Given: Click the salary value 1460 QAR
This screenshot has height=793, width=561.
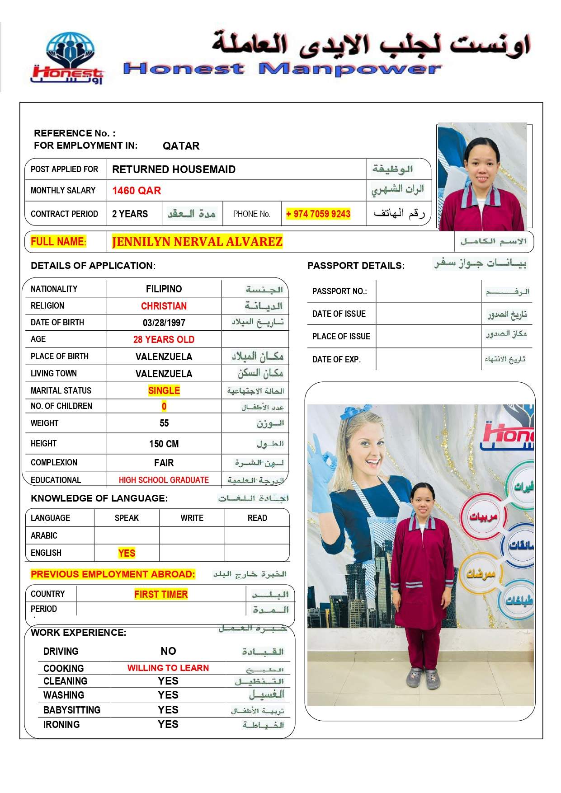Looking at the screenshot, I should tap(137, 191).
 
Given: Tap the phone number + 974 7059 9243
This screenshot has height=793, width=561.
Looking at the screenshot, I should tap(318, 214).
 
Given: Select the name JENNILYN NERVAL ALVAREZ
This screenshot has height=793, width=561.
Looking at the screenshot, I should tap(197, 242).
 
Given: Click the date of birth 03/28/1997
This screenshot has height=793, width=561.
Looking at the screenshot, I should tap(164, 323).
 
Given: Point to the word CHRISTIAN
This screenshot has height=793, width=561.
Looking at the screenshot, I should tap(164, 306).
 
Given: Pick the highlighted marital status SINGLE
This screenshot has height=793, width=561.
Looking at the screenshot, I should tap(164, 390).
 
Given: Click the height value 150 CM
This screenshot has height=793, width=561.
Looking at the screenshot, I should tap(164, 444).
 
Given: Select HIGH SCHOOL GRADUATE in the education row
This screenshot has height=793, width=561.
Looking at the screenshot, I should tap(164, 480).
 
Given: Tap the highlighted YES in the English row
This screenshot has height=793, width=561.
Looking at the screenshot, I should tap(127, 553).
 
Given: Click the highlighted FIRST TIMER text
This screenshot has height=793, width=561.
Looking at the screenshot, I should tap(161, 594).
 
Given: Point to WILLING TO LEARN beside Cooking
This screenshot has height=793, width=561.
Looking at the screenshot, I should tap(168, 668).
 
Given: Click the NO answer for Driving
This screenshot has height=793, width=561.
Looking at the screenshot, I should tap(168, 651).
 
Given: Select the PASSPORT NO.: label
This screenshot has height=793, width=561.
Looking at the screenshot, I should tap(339, 291).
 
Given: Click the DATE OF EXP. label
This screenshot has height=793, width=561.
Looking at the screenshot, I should tap(336, 360).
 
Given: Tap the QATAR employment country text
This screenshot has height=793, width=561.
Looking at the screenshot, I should tap(181, 146).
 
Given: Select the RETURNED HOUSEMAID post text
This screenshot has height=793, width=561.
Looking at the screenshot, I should tap(174, 169).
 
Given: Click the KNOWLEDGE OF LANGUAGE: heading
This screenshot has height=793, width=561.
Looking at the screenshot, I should tap(99, 498).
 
